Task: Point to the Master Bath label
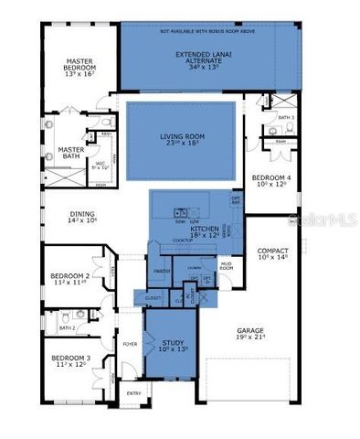[x=71, y=154]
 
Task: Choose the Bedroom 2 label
[x=69, y=279]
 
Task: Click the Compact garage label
[x=272, y=253]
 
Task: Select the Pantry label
[x=164, y=272]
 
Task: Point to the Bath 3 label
[x=285, y=117]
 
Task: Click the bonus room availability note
[x=208, y=30]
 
